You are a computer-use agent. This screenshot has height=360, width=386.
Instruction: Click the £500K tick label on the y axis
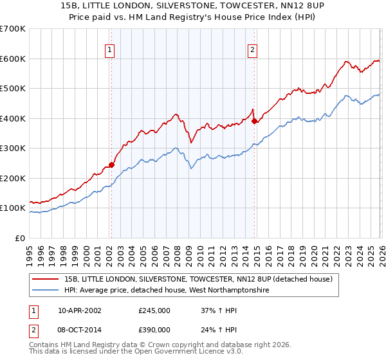pos(13,89)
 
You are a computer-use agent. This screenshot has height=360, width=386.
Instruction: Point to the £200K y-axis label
pos(13,178)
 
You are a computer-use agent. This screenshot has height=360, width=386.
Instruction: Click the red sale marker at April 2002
pos(111,165)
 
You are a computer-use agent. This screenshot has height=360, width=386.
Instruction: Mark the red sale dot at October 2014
pos(254,121)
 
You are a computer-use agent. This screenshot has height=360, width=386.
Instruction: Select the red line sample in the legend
pos(46,279)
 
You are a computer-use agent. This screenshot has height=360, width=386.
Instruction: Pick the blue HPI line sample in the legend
pos(46,291)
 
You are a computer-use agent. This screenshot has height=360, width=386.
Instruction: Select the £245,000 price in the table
pos(154,310)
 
